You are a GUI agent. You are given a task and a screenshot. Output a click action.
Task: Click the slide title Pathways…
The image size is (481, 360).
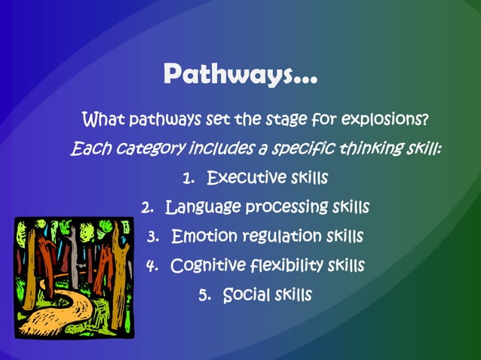coord(240,75)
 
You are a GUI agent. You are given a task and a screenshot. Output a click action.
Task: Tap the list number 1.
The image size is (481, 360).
coord(188,179)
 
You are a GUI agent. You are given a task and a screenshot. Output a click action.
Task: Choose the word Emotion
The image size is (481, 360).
coord(204,236)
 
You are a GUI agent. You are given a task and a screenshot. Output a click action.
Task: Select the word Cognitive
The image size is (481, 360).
coord(208,266)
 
